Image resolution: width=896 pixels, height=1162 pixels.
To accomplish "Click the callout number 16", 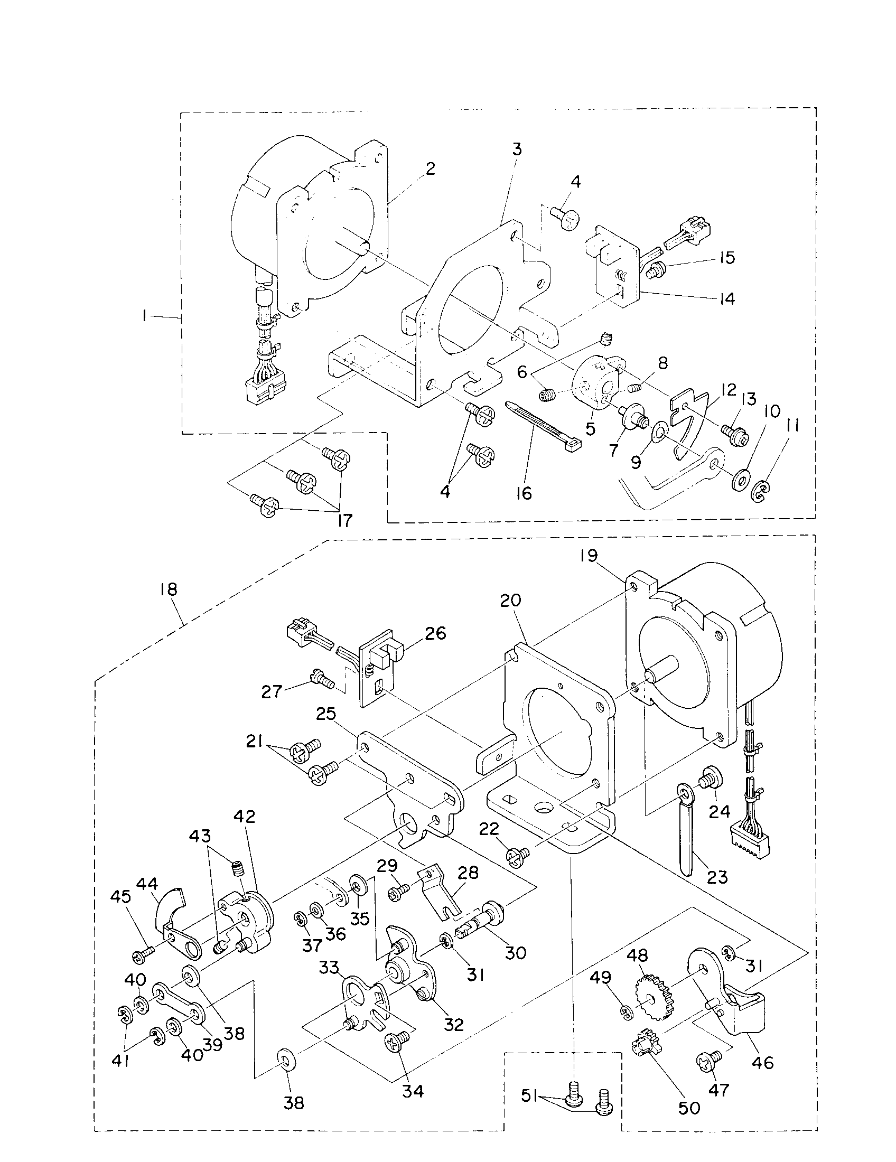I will click(524, 493).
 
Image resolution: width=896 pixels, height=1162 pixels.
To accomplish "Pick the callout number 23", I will click(717, 876).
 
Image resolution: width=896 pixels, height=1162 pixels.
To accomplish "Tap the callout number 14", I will click(726, 298).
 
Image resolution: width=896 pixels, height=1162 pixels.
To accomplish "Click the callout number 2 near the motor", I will click(430, 168).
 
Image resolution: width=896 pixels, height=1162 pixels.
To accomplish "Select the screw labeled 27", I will click(321, 679).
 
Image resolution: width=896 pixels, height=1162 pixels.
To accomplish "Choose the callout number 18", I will click(167, 589).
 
